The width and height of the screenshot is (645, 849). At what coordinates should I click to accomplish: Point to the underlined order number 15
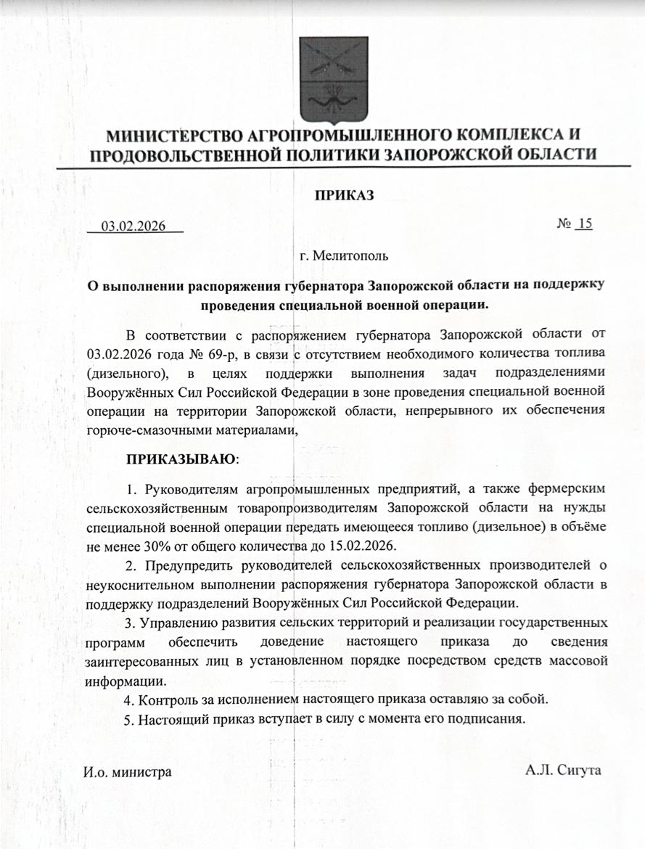tap(584, 223)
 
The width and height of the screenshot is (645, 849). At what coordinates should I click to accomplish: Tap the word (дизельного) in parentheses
tap(128, 373)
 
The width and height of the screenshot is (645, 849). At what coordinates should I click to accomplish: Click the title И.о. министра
tap(128, 771)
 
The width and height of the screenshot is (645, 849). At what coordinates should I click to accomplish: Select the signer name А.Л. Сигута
tap(563, 769)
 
